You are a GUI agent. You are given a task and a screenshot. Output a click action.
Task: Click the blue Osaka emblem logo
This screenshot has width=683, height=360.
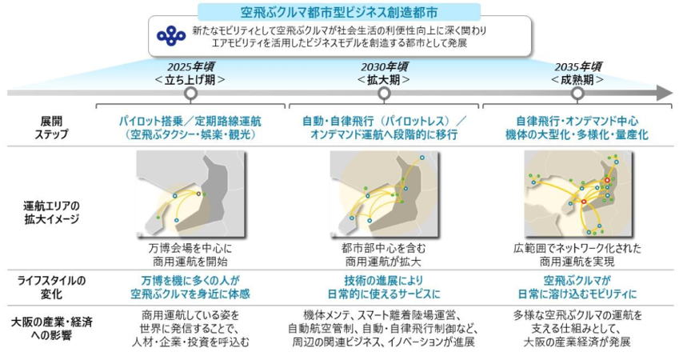coord(171,36)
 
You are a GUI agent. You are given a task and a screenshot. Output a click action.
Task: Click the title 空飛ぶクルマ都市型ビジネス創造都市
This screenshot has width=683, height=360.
coord(339,12)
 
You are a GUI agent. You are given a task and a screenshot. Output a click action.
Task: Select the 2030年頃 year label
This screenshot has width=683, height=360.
coord(384,66)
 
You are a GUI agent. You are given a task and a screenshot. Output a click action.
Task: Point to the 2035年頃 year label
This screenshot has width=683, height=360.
coord(577,66)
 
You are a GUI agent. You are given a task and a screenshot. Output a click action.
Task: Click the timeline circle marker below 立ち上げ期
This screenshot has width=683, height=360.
coord(190,94)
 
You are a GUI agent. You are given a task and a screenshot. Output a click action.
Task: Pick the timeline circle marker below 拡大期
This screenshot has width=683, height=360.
coord(384,94)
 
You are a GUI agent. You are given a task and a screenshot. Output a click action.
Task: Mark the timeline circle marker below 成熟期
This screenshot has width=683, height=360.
coord(577,94)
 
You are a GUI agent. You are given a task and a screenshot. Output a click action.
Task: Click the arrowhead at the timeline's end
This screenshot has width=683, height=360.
coord(665,93)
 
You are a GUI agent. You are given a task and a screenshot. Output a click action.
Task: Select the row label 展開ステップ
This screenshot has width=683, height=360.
coord(51,127)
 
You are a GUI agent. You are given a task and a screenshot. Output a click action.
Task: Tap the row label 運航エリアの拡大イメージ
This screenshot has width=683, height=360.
coord(51,212)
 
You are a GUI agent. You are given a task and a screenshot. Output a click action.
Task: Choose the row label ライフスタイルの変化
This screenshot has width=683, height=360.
coord(51,287)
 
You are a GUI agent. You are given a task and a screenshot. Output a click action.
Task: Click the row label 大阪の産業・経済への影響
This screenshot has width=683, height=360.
coord(51,329)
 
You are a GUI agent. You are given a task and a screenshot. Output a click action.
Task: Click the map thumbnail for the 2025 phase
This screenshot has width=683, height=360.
coord(191,194)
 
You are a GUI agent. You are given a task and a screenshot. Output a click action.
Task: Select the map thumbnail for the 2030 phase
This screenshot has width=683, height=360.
coord(384,194)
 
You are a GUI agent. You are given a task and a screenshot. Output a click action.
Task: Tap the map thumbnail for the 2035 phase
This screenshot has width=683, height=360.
coord(577,194)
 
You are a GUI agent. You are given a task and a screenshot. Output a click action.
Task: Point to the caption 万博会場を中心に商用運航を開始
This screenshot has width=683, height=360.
coord(190,255)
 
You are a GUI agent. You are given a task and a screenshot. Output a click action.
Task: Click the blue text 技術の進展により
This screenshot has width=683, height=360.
coord(384,280)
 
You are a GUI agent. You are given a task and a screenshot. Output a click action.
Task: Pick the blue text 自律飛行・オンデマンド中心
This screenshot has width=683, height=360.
coord(577,121)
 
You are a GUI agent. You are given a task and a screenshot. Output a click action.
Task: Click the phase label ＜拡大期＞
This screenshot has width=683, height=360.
coord(384,80)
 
